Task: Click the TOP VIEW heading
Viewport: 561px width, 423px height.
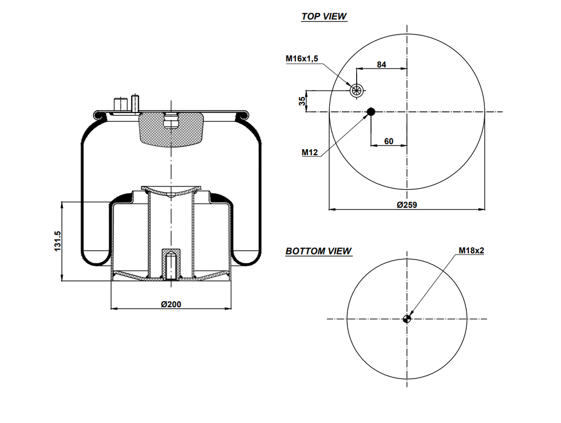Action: pyautogui.click(x=324, y=16)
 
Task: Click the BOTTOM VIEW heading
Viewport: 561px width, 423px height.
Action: pyautogui.click(x=318, y=251)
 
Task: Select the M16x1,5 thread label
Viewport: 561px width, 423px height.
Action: pyautogui.click(x=301, y=59)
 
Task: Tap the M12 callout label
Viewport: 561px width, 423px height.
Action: pyautogui.click(x=310, y=153)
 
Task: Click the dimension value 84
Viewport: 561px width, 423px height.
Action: pyautogui.click(x=381, y=64)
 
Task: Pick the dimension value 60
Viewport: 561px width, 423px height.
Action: pyautogui.click(x=388, y=141)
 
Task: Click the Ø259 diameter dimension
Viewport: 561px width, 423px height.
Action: pyautogui.click(x=407, y=204)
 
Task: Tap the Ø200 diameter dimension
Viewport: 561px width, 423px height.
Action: pyautogui.click(x=171, y=304)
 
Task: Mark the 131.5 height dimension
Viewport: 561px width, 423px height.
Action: pyautogui.click(x=57, y=241)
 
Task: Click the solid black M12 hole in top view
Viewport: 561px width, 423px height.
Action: pyautogui.click(x=371, y=112)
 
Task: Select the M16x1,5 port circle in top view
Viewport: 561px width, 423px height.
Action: pyautogui.click(x=357, y=91)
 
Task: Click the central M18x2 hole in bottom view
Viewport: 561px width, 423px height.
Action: pyautogui.click(x=407, y=319)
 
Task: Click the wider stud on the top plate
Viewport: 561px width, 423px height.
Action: pyautogui.click(x=120, y=104)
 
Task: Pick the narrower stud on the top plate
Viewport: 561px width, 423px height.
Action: pyautogui.click(x=134, y=103)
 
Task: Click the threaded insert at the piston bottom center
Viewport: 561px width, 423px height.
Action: pyautogui.click(x=171, y=265)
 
